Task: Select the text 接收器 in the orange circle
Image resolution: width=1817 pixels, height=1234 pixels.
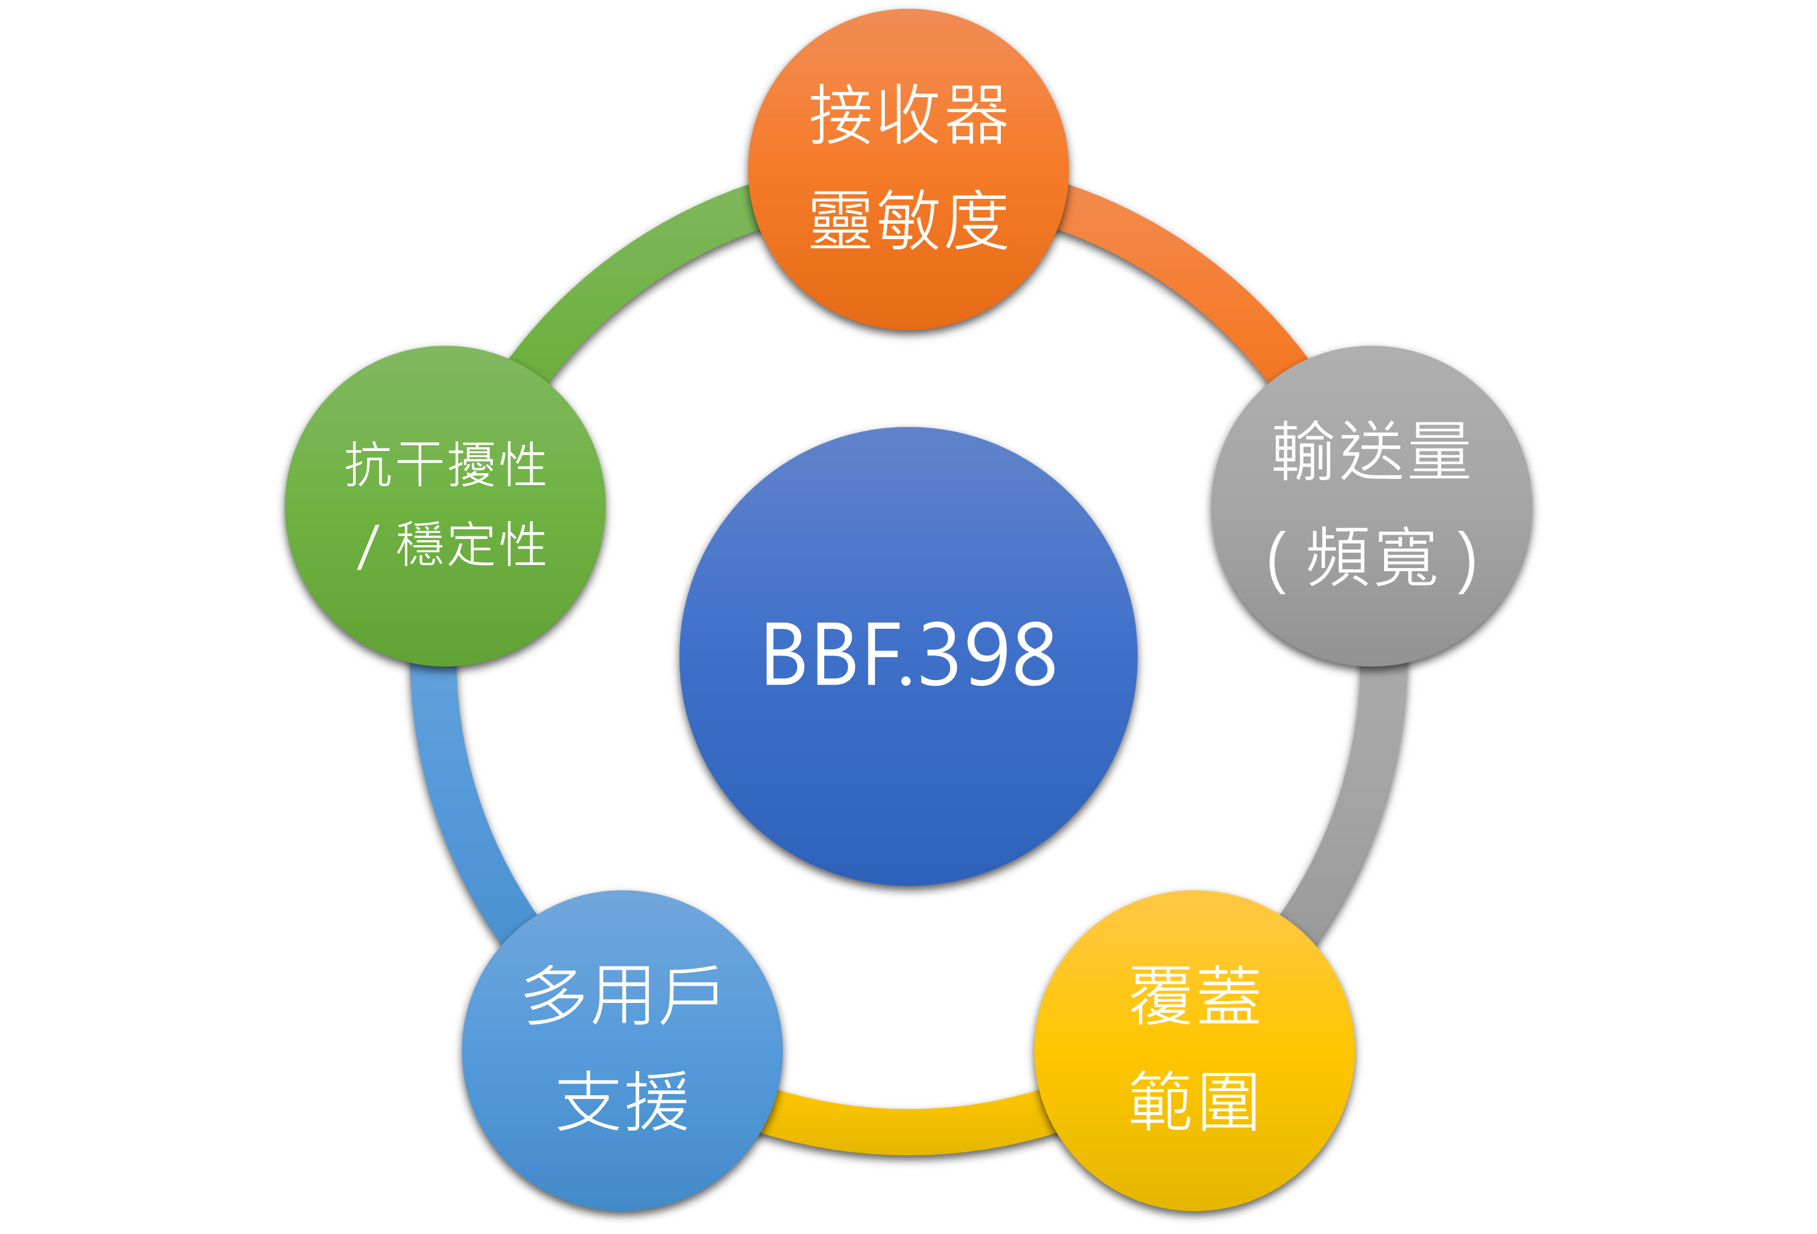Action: point(908,115)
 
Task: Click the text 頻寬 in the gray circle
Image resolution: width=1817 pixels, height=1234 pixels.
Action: point(1371,557)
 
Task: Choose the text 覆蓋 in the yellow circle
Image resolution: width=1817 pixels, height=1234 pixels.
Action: point(1195,996)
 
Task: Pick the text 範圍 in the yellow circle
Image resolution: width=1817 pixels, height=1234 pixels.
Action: point(1195,1101)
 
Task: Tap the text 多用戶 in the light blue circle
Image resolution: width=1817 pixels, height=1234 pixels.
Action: point(622,996)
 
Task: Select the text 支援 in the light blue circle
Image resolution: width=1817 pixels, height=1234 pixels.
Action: point(622,1101)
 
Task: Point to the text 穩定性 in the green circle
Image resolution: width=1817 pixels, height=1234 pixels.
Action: point(471,545)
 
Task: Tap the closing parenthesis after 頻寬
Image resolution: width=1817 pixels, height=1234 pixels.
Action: point(1466,560)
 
